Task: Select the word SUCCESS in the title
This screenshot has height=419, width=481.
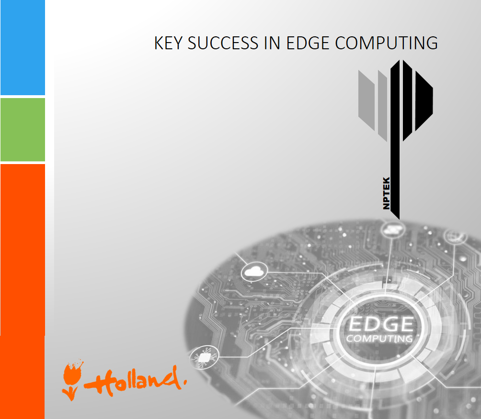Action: [223, 43]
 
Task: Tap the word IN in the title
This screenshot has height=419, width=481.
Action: [272, 43]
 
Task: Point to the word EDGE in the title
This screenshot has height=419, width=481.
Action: [308, 43]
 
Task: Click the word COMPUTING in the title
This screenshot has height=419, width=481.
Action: [386, 43]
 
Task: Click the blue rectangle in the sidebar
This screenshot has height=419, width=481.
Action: [23, 47]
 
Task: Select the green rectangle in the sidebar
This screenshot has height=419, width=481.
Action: [23, 130]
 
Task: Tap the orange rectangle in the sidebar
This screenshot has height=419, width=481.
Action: [23, 291]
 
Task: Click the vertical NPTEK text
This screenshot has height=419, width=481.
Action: [387, 193]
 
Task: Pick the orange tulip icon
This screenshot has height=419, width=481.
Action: [72, 380]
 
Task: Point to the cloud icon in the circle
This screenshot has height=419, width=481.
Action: [254, 272]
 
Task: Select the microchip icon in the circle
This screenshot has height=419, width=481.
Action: [204, 357]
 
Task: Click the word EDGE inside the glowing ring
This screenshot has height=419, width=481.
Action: [381, 324]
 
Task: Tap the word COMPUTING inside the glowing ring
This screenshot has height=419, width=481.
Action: [379, 339]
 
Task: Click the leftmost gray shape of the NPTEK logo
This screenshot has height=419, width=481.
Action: [366, 100]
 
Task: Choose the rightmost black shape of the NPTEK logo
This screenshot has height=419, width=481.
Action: [424, 101]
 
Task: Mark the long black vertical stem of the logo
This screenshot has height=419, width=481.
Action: [395, 140]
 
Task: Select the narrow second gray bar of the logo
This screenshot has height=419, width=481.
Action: [382, 106]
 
